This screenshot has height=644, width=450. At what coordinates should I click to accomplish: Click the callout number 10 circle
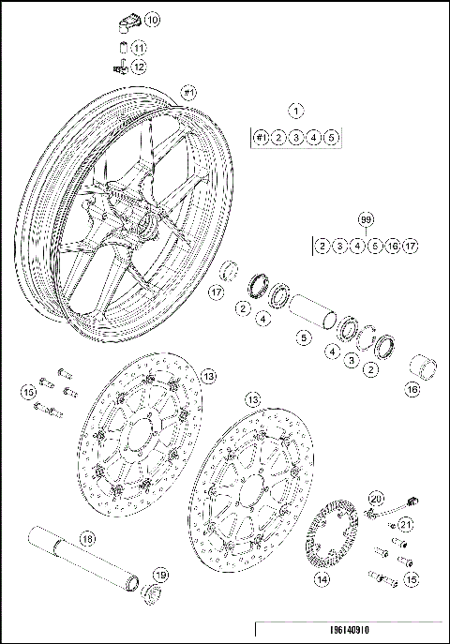[152, 19]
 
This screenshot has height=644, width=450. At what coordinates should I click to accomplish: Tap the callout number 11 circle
[138, 48]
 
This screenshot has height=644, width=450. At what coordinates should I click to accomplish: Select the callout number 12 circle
[138, 67]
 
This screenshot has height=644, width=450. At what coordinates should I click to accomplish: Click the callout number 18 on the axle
[86, 539]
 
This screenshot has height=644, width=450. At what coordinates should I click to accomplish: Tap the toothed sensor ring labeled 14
[335, 533]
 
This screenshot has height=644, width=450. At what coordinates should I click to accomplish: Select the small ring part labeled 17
[227, 274]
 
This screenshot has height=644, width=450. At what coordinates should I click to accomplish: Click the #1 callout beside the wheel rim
[187, 93]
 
